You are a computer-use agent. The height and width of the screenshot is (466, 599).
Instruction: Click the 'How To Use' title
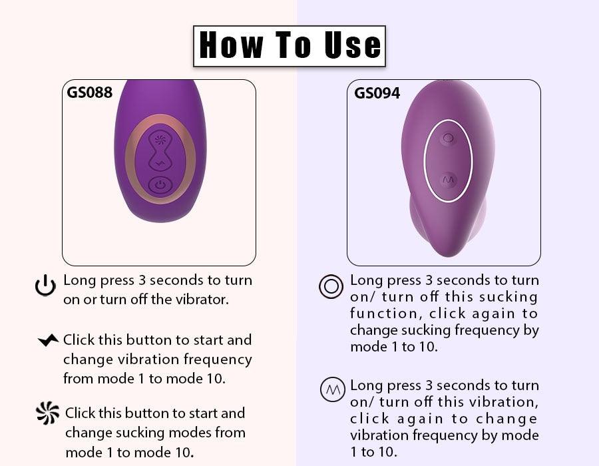coord(290,45)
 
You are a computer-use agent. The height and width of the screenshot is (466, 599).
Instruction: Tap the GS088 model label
coord(89,93)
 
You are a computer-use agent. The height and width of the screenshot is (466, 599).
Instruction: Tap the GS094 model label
coord(377,93)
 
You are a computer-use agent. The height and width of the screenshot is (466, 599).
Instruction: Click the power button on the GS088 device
coord(160,185)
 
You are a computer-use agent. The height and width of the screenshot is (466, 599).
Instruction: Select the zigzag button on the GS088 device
coord(160,164)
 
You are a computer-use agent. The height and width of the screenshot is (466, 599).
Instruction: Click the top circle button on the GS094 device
coord(448,138)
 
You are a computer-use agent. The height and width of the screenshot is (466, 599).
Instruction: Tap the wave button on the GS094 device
coord(449,179)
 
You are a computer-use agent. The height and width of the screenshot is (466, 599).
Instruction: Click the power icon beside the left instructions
coord(45,286)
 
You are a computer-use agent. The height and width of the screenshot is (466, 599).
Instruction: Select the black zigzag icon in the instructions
coord(48,340)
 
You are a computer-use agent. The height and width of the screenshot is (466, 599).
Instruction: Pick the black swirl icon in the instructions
coord(48,413)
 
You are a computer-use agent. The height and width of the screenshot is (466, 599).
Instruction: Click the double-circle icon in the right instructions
coord(331,286)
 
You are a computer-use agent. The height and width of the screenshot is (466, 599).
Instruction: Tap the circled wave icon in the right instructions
coord(332,389)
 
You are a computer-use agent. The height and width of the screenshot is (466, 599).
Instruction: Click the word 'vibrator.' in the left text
coord(202,300)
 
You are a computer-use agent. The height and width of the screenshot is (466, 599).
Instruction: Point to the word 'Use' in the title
coord(353,45)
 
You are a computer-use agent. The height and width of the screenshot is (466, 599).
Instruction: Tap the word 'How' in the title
coord(232,45)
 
